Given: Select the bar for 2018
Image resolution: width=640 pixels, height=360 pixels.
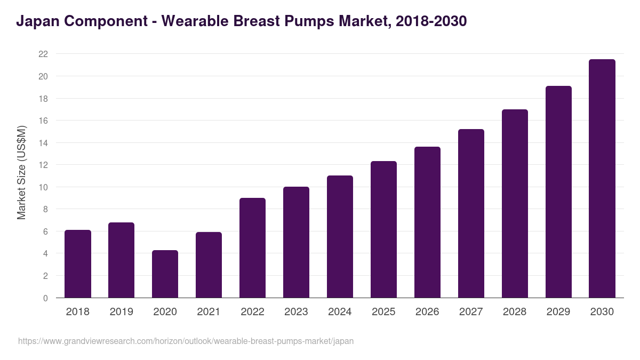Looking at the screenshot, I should tap(78, 264).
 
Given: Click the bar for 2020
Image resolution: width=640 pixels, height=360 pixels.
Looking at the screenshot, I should tap(165, 274).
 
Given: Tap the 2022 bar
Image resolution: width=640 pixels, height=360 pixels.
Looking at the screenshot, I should tap(252, 248).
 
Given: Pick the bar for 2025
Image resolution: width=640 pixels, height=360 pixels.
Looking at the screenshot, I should tap(383, 229).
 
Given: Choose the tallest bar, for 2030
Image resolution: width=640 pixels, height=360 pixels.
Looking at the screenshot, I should tap(602, 179).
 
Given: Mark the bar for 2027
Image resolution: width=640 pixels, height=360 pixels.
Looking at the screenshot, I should tap(471, 213).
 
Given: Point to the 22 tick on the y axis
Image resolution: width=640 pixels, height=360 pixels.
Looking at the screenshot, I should tap(43, 54).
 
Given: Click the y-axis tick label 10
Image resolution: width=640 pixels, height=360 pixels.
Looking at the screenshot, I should tap(43, 187).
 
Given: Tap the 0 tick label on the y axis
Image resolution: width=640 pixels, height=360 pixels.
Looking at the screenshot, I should tap(45, 298).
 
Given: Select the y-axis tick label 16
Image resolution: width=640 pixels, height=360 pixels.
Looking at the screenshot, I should tap(43, 121).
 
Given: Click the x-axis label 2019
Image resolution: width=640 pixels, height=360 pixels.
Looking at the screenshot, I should tap(121, 312).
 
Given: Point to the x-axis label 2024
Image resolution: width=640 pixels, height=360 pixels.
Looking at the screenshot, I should tap(340, 312).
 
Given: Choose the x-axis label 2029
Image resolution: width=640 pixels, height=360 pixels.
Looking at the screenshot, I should tap(558, 312).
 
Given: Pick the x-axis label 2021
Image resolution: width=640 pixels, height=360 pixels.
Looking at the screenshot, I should tap(209, 312).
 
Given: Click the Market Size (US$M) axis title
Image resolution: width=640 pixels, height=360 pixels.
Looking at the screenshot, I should tap(21, 172).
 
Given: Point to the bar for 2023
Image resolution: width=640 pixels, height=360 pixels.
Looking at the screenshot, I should tap(296, 242).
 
